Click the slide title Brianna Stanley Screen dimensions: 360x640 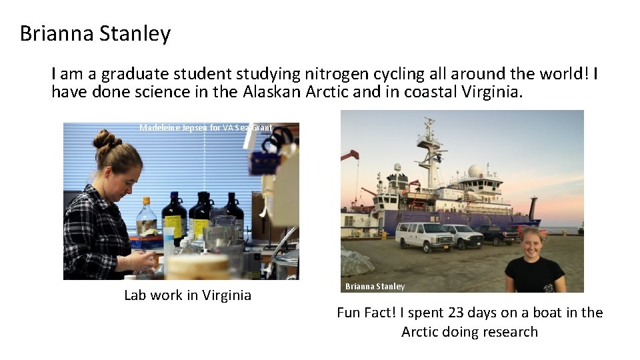point(95,33)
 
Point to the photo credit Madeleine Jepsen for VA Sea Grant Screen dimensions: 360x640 point(206,127)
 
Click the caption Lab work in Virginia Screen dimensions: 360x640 point(187,295)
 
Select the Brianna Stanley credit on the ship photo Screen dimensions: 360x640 point(375,287)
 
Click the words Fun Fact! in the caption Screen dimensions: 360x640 point(365,313)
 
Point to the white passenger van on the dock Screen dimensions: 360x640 point(424,235)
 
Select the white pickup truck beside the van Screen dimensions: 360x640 point(464,235)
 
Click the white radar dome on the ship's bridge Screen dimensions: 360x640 point(476,171)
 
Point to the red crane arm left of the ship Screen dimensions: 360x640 point(349,155)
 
